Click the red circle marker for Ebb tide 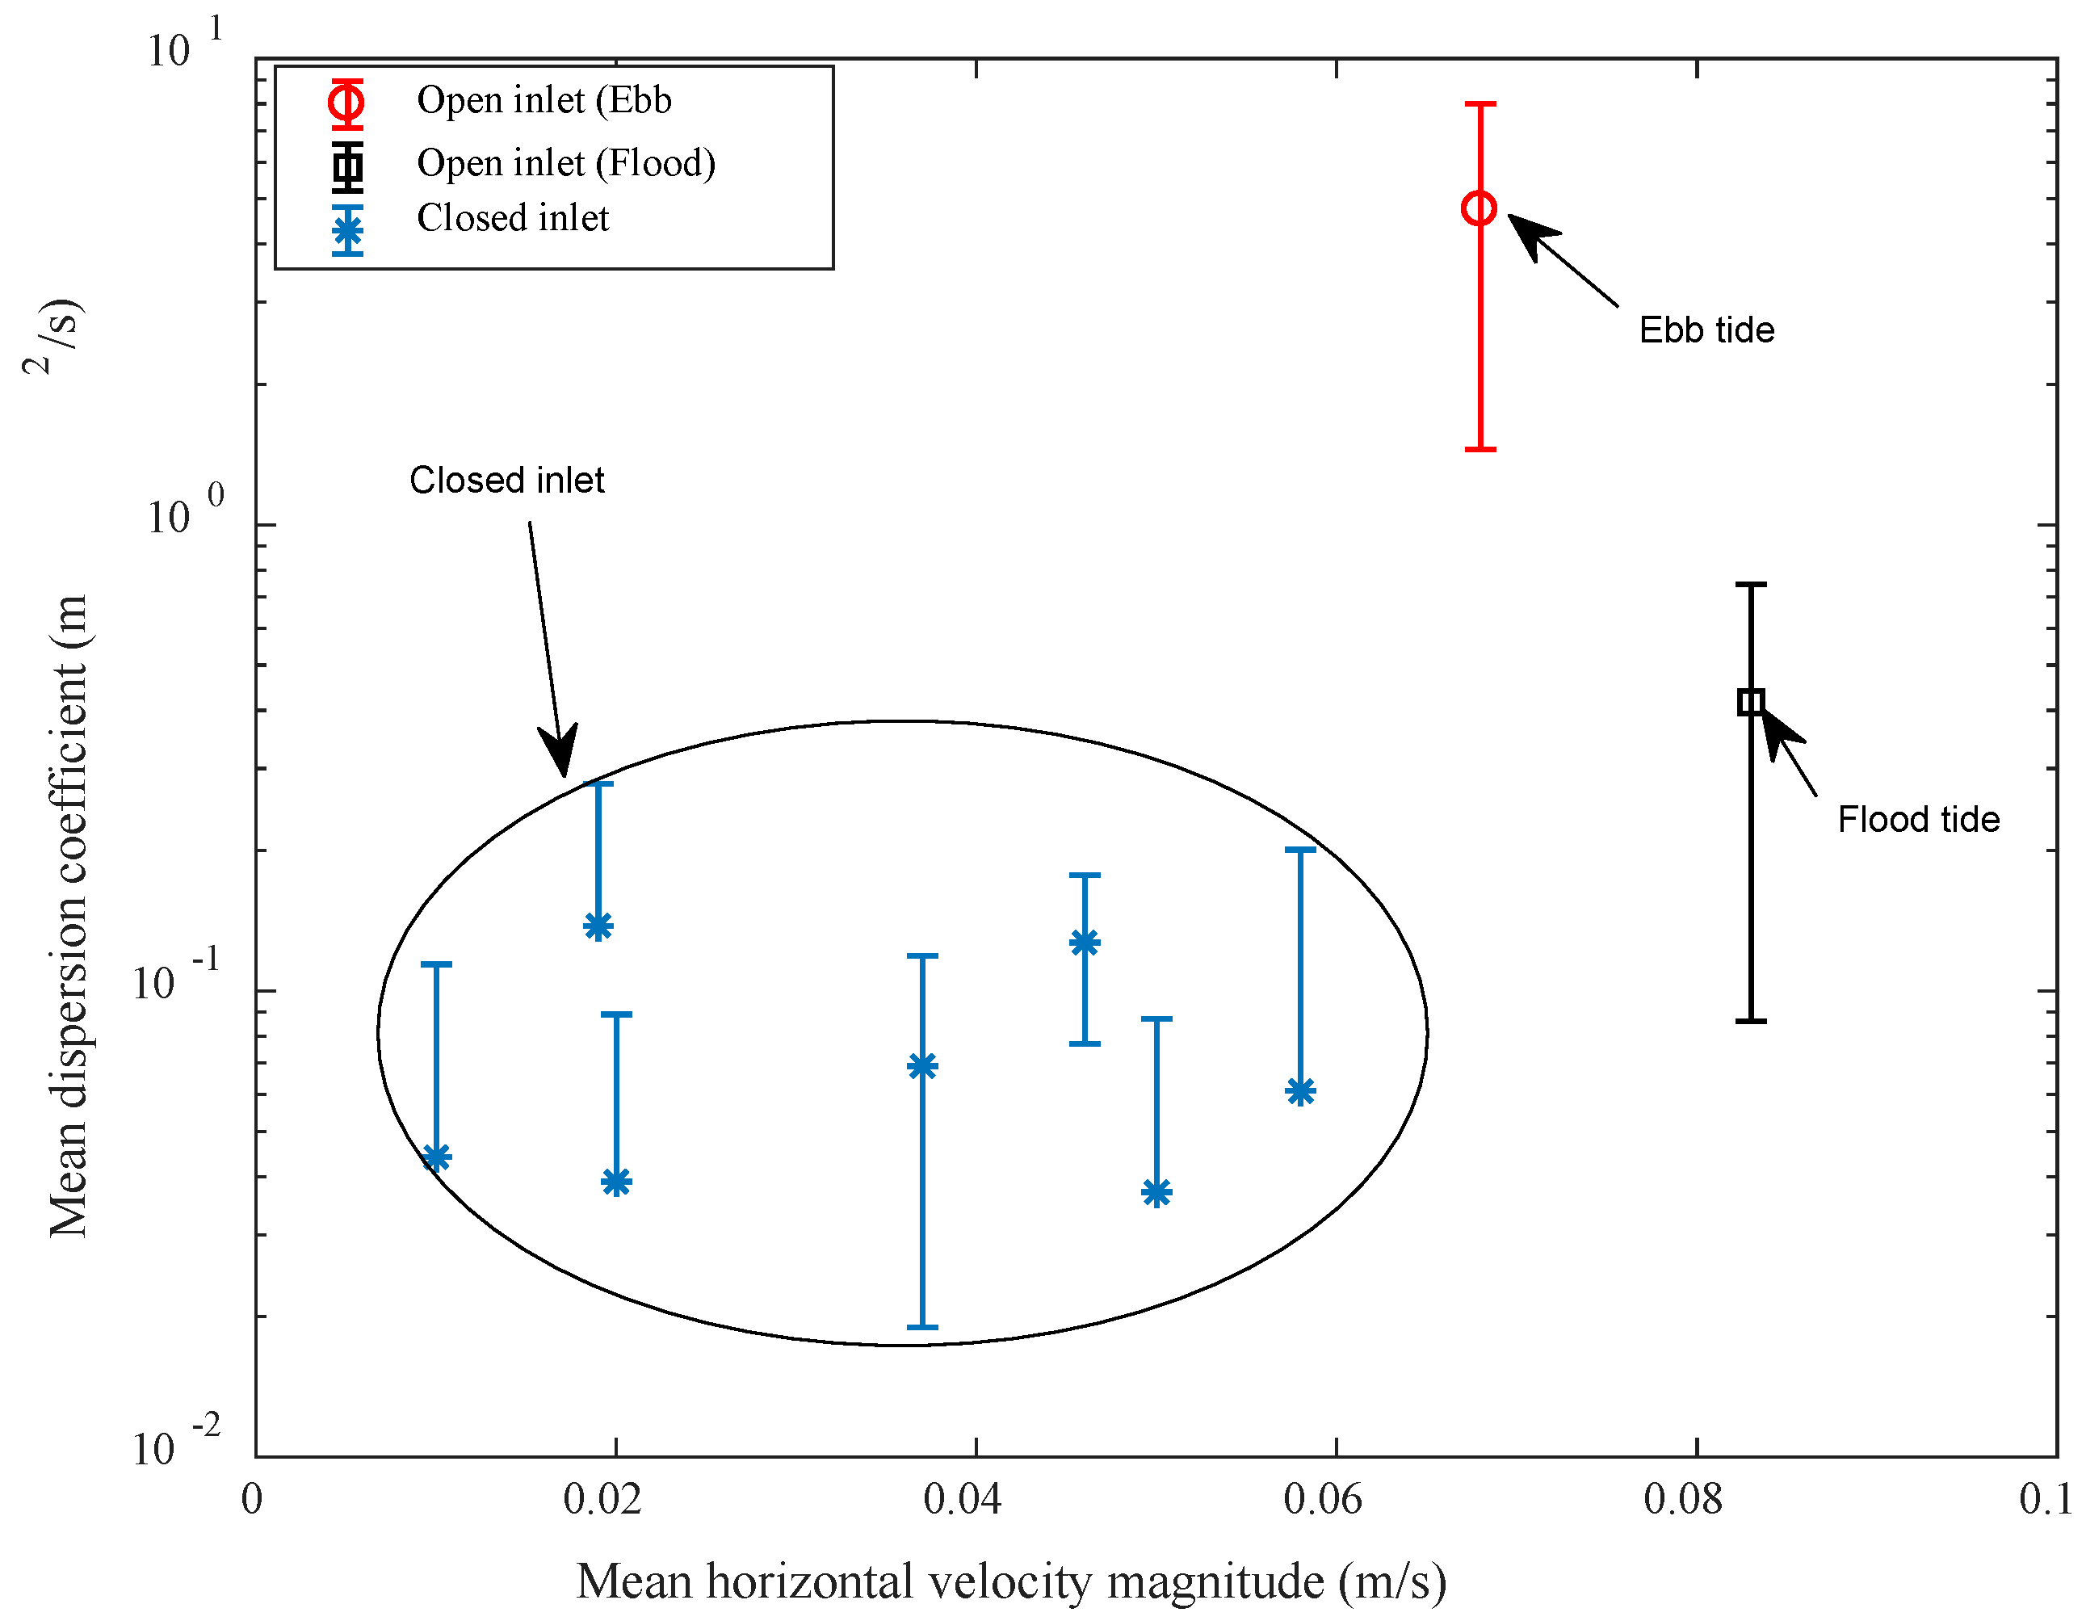pos(1480,208)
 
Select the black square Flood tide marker pos(1751,702)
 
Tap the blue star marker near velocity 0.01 pos(436,1157)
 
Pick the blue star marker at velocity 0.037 pos(922,1066)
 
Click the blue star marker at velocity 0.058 pos(1301,1091)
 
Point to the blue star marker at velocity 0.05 pos(1156,1192)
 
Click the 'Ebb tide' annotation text pos(1706,330)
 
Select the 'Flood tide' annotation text pos(1918,820)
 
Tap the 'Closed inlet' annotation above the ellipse pos(506,481)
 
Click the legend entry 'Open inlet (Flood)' pos(565,163)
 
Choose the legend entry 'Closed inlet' pos(512,219)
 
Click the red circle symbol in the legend pos(347,100)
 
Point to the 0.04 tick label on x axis pos(962,1500)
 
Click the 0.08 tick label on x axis pos(1683,1500)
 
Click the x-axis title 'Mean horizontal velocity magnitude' pos(1010,1581)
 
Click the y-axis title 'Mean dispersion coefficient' pos(69,917)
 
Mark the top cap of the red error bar pos(1480,104)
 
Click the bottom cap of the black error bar pos(1751,1021)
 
